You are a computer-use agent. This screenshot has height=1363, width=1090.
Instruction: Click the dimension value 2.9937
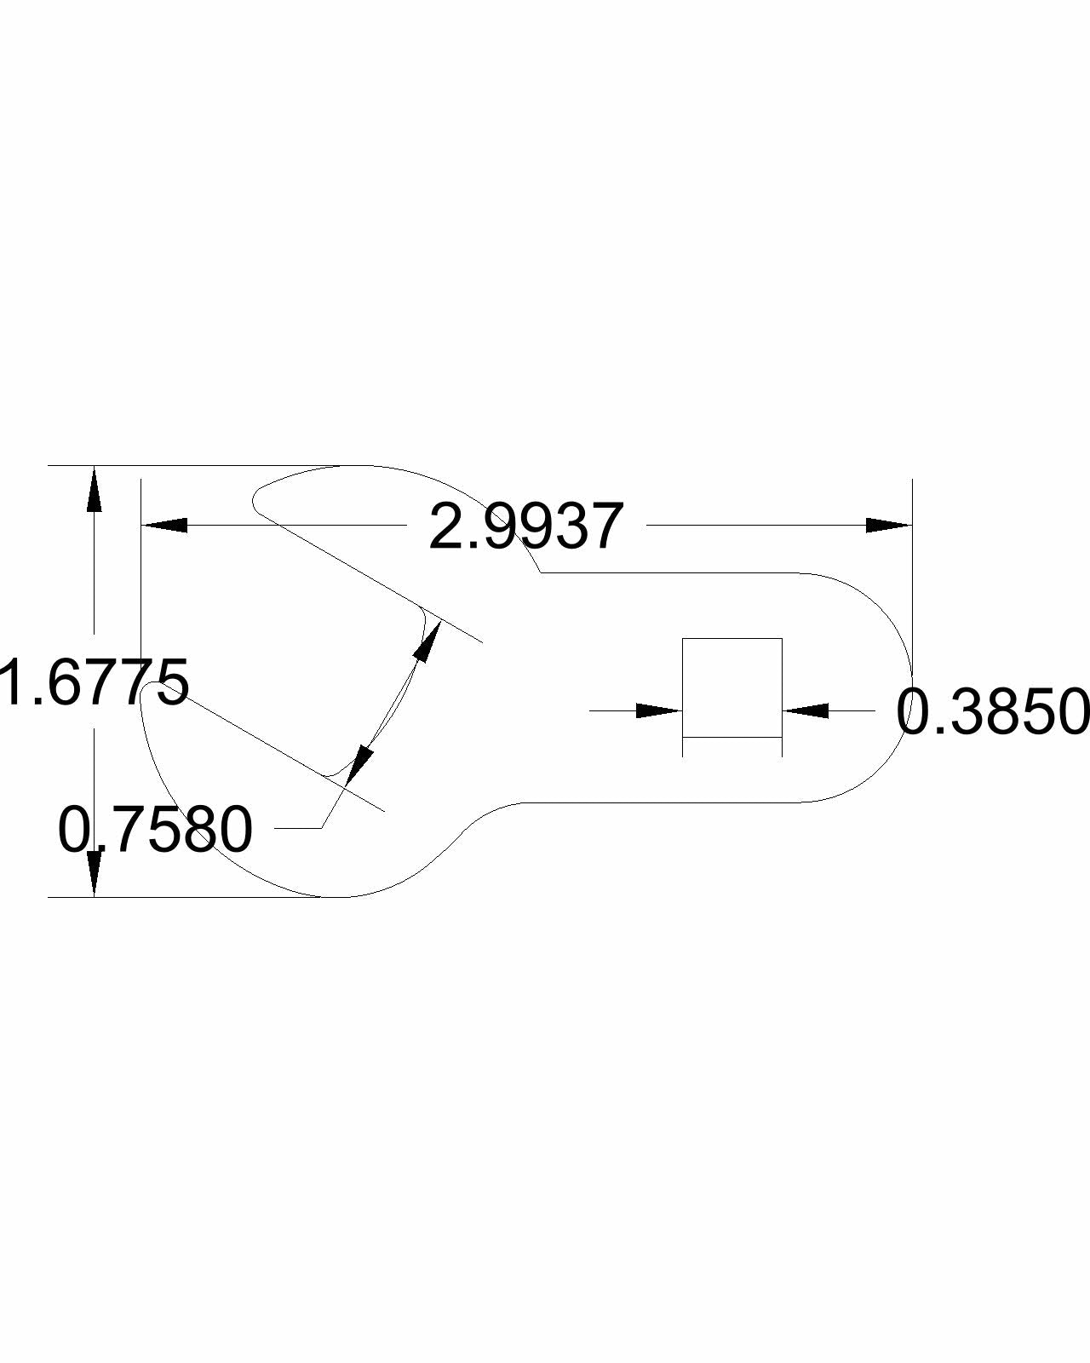[x=526, y=526]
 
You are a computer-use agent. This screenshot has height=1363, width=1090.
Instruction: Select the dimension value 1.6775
[x=95, y=681]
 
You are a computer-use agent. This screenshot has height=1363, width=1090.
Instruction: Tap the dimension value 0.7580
[x=155, y=829]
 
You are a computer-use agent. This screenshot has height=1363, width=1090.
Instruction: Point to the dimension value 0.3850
[x=992, y=711]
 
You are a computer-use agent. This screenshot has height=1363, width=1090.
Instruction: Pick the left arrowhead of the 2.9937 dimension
[x=164, y=525]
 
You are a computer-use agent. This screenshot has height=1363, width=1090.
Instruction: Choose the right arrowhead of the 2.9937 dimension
[x=889, y=525]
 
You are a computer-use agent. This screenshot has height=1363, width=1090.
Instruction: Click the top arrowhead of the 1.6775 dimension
[x=95, y=488]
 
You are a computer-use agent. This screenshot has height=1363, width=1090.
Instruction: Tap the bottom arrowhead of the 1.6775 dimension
[x=95, y=874]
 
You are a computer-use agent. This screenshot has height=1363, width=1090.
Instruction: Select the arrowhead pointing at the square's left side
[x=659, y=710]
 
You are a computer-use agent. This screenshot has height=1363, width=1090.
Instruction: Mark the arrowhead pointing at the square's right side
[x=806, y=710]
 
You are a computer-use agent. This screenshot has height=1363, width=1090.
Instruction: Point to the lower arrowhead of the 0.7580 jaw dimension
[x=359, y=765]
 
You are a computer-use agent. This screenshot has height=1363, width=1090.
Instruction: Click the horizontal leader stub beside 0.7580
[x=298, y=828]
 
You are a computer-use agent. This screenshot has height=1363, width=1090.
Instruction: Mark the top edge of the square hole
[x=732, y=638]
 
